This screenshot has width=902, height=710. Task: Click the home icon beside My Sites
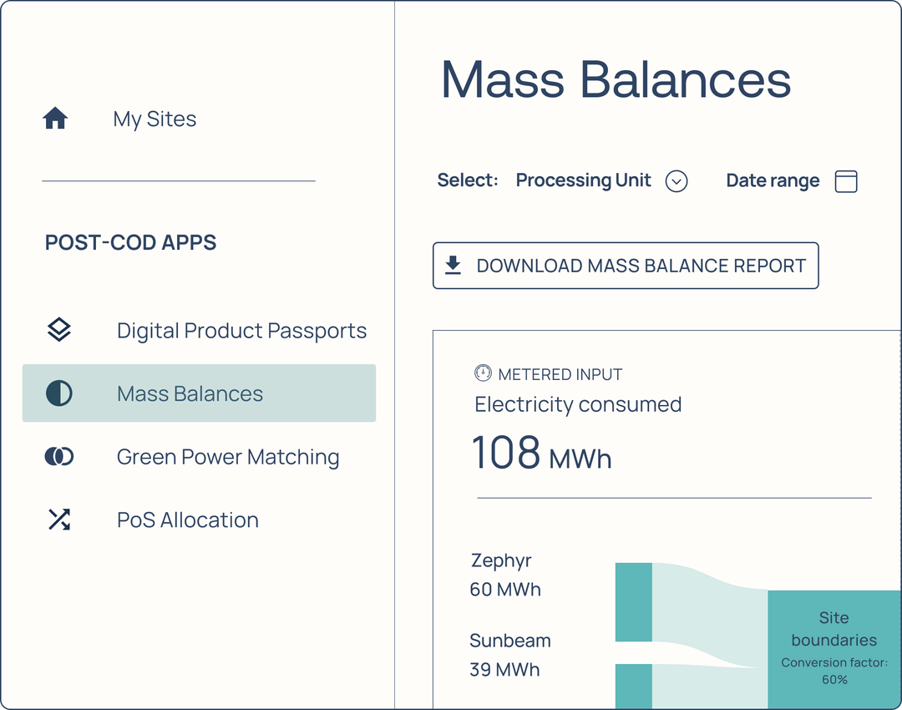tap(55, 119)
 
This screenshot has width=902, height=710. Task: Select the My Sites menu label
tap(155, 119)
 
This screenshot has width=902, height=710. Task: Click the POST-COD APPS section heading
tap(130, 243)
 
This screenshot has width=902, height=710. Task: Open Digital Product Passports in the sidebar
tap(241, 331)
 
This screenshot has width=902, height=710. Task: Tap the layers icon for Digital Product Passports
tap(59, 330)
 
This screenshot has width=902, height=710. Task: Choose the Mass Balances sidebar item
tap(190, 393)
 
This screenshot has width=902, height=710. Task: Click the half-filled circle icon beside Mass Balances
tap(59, 393)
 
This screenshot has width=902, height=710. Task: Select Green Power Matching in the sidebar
tap(228, 457)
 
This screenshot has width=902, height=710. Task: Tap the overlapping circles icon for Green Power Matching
tap(59, 456)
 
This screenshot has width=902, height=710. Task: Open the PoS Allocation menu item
tap(187, 520)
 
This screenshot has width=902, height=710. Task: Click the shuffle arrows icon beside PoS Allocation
tap(59, 520)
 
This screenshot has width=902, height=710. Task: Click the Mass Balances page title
tap(616, 79)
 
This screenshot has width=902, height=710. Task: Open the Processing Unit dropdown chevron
tap(676, 181)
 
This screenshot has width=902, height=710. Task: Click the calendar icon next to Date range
tap(846, 181)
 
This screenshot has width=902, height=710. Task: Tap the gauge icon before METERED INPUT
tap(483, 373)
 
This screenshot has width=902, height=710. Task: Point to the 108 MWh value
tap(541, 454)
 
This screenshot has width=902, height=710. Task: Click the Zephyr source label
tap(500, 560)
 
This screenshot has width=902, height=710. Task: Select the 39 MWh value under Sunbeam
tap(504, 670)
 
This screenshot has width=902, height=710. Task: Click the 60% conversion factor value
tap(834, 680)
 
